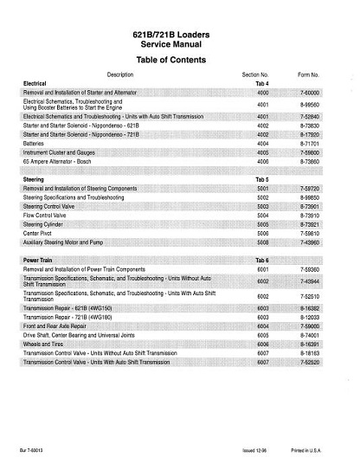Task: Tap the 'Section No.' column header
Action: pyautogui.click(x=259, y=75)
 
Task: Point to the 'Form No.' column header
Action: pyautogui.click(x=311, y=75)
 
